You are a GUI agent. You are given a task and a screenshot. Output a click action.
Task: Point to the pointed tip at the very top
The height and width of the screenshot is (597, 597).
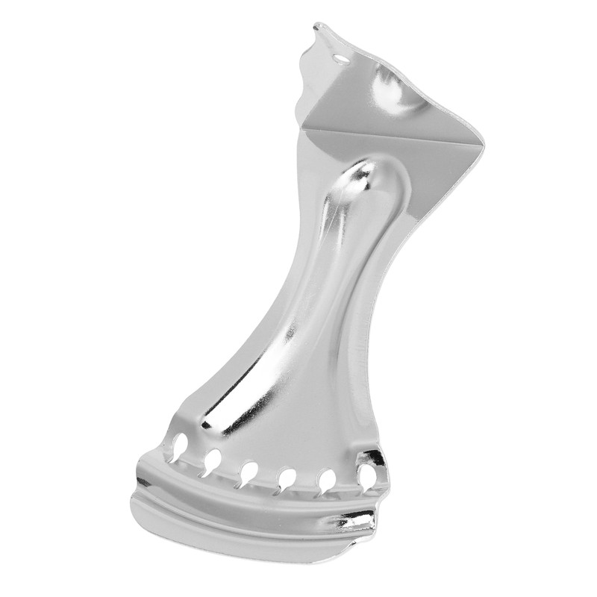tap(316, 26)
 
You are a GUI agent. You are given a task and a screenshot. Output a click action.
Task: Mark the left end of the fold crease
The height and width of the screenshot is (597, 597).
tap(303, 126)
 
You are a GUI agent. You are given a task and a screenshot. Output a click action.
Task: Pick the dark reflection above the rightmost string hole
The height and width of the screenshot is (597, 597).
tap(371, 456)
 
